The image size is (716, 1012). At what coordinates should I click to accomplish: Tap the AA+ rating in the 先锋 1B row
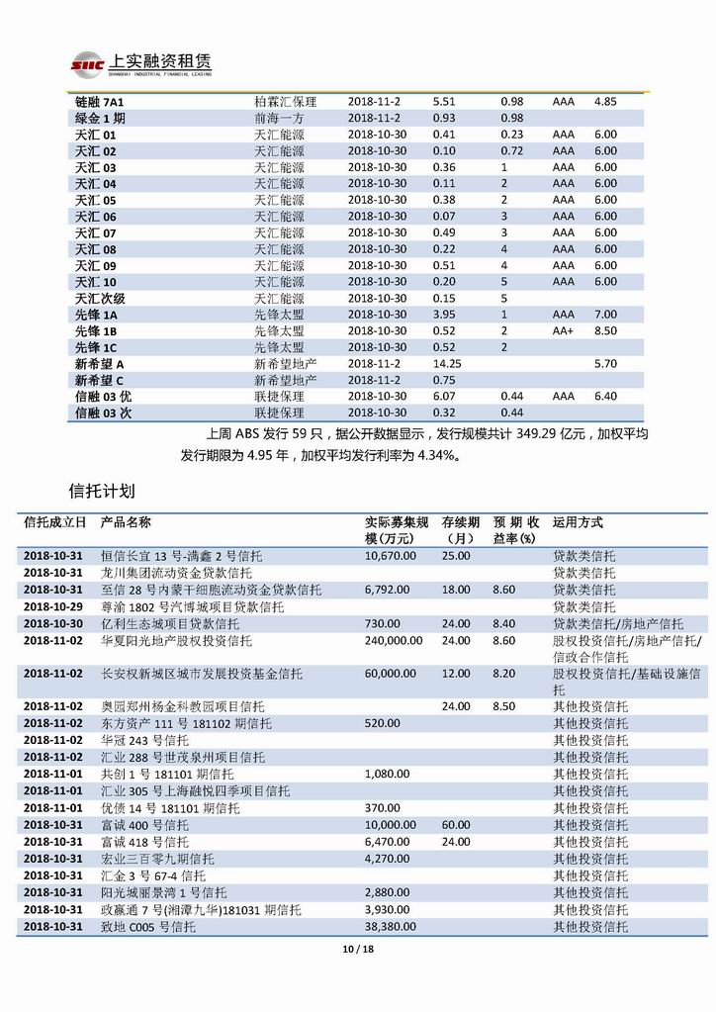click(x=565, y=330)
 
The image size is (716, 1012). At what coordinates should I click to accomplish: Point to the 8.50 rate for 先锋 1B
click(x=605, y=330)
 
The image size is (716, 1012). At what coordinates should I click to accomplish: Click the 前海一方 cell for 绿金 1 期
click(x=279, y=119)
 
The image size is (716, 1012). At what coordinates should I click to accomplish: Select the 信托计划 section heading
click(x=102, y=491)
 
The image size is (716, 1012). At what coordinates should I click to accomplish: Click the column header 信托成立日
click(x=54, y=523)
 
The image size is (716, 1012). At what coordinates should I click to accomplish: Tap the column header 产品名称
click(x=126, y=523)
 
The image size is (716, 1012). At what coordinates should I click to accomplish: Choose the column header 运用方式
click(x=578, y=523)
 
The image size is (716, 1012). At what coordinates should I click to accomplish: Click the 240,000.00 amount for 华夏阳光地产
click(x=398, y=641)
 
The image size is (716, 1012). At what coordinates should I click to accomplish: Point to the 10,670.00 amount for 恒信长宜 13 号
click(x=392, y=557)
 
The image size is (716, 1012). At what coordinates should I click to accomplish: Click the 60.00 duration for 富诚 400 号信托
click(x=456, y=825)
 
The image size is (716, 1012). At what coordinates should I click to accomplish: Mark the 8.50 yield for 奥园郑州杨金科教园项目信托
click(x=504, y=706)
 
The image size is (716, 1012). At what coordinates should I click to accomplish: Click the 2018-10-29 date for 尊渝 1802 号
click(x=53, y=606)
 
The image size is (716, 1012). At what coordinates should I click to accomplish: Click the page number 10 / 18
click(x=357, y=951)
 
